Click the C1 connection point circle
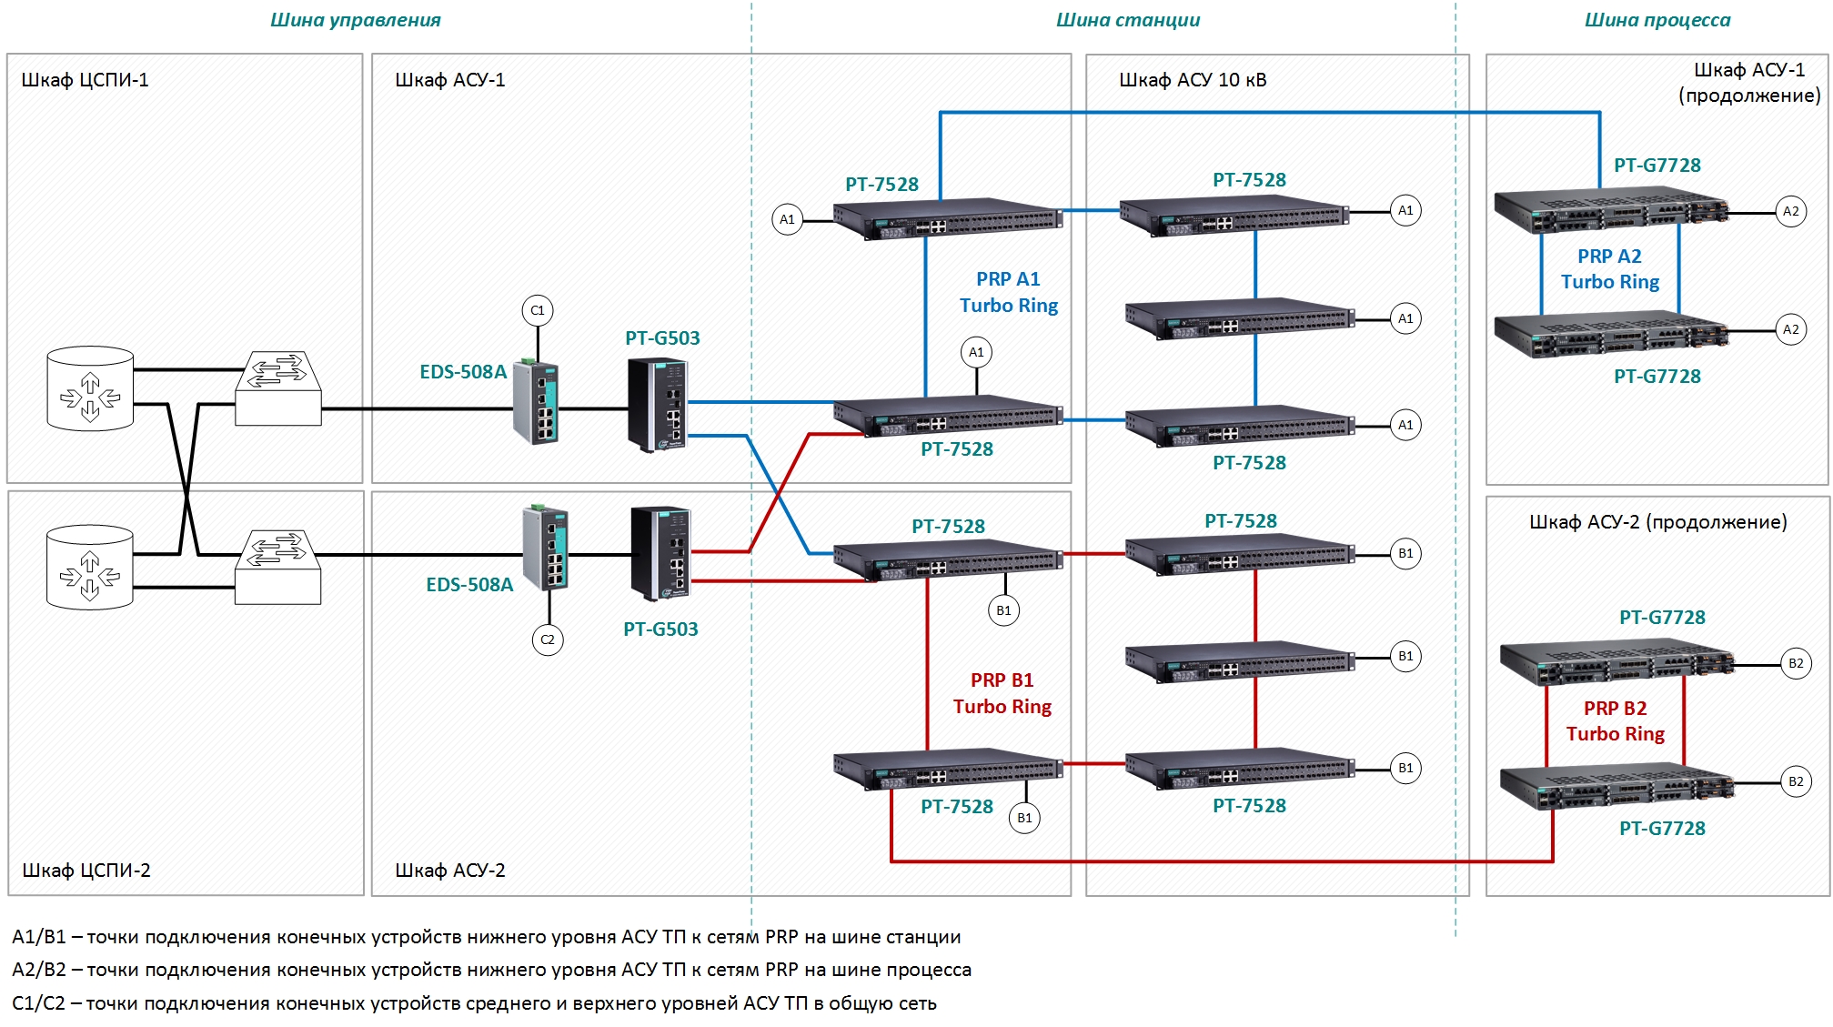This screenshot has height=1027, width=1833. (538, 310)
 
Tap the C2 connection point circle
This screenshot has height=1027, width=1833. (548, 639)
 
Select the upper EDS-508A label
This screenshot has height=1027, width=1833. (463, 372)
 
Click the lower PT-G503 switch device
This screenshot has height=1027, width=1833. (660, 553)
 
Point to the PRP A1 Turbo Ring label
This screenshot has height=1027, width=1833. (1009, 292)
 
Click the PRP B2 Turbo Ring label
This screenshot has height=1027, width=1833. (1616, 721)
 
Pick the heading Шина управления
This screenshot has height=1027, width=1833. (356, 20)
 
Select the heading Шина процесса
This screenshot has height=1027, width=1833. (1657, 20)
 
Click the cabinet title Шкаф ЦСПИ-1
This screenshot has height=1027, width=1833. (85, 80)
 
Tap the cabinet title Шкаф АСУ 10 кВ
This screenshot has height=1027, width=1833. (1193, 80)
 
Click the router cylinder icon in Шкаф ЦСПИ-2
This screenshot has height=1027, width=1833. (90, 567)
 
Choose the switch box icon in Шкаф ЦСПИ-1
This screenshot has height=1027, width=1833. (277, 388)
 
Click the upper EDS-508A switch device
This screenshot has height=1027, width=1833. (536, 401)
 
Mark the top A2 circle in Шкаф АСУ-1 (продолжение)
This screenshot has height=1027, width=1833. (1791, 211)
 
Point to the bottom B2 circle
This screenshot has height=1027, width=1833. (1796, 781)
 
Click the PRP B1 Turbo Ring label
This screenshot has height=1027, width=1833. (1002, 693)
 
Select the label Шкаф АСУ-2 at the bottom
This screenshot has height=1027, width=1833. (450, 871)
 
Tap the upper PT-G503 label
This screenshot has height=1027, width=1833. (662, 338)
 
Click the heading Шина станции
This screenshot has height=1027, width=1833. (1128, 20)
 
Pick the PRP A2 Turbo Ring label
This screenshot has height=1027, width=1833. (1610, 269)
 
